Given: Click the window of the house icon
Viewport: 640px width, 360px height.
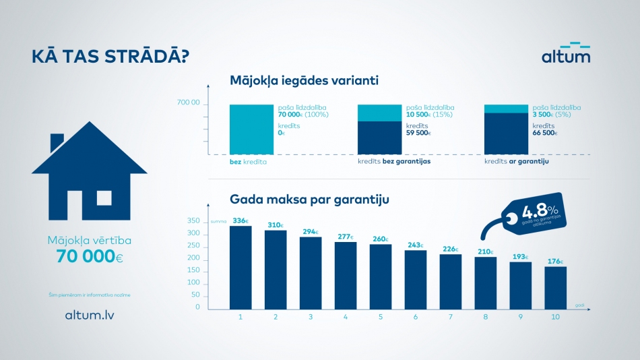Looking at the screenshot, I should coord(104,198).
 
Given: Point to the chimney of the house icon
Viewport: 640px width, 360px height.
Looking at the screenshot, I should coord(57,142).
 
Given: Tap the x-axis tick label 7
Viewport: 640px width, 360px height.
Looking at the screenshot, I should coord(451,316).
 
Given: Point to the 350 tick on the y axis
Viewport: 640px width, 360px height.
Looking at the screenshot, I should coord(193,221).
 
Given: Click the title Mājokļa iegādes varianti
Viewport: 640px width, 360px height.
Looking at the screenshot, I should coord(304,81).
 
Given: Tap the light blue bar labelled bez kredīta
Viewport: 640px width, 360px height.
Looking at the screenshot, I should coord(251,129).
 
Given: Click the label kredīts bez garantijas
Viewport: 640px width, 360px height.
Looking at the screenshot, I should coord(393,162).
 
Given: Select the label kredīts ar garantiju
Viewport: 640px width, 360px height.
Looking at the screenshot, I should coord(517,162).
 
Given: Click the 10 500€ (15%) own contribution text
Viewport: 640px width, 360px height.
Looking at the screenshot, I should coord(430,115).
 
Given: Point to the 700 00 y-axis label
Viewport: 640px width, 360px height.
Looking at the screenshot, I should coord(188,103).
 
